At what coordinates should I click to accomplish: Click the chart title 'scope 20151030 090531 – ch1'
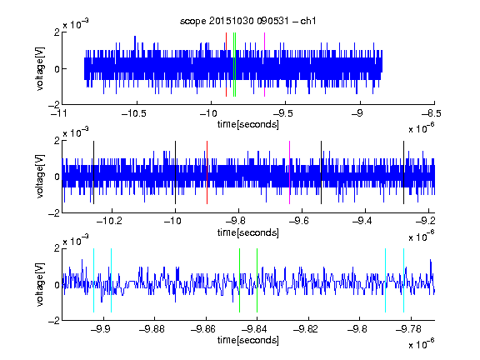point(247,21)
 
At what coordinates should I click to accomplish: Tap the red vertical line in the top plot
point(226,65)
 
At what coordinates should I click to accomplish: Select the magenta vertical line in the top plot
point(264,65)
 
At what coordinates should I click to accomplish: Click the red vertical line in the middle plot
point(207,172)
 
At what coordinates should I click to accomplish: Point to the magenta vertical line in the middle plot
point(290,172)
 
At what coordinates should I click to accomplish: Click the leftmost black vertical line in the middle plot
point(93,172)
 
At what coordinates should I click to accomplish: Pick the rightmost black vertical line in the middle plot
point(403,172)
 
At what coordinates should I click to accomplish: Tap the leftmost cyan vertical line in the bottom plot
point(93,280)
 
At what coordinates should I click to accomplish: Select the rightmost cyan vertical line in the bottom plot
point(403,280)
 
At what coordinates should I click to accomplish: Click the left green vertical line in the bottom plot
point(239,280)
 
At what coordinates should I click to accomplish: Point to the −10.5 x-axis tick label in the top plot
point(134,113)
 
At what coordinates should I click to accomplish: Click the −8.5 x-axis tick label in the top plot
point(431,113)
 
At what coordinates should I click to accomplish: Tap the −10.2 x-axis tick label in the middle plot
point(109,221)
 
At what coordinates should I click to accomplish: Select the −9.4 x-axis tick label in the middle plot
point(362,221)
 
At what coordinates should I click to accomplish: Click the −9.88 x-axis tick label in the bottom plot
point(152,329)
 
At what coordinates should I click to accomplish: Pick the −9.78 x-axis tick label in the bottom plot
point(408,329)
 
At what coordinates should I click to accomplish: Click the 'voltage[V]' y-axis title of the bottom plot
point(40,284)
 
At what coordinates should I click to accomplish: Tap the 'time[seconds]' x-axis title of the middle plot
point(248,233)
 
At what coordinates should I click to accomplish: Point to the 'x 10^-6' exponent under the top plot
point(422,128)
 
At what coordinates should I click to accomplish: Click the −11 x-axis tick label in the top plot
point(60,113)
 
